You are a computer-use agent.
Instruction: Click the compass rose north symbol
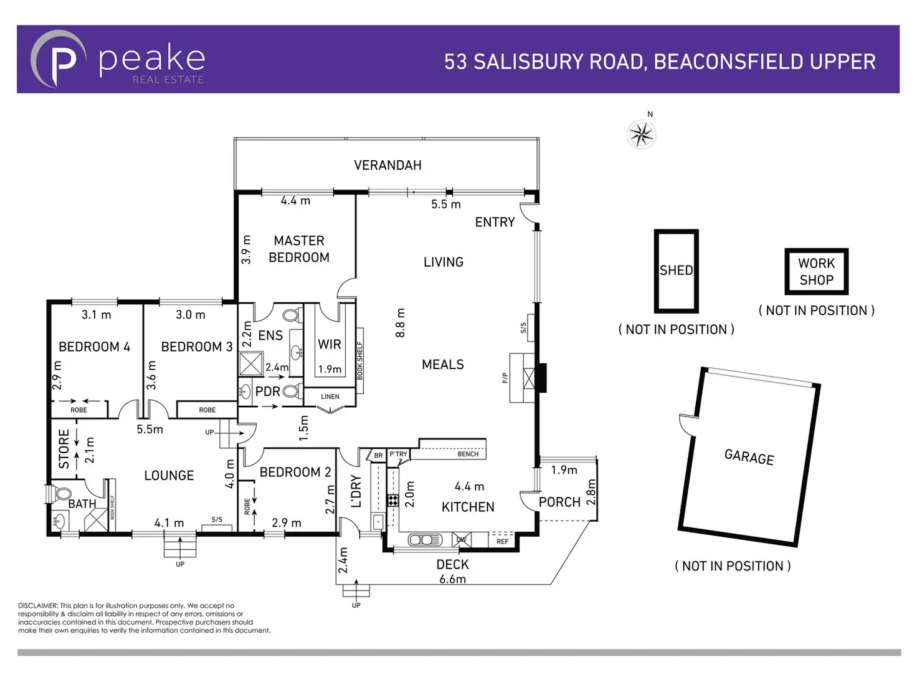tap(642, 134)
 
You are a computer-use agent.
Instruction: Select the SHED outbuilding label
tap(676, 271)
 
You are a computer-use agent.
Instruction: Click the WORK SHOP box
tap(816, 272)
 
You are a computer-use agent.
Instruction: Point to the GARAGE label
tap(749, 457)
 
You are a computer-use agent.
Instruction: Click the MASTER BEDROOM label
tap(299, 249)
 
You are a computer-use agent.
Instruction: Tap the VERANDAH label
tap(387, 165)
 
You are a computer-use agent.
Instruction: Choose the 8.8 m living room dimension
tap(401, 322)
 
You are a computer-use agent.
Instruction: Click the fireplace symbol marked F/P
tap(528, 378)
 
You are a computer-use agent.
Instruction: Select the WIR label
tap(329, 344)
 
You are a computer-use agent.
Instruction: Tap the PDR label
tap(268, 391)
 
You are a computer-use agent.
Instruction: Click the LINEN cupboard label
tap(330, 396)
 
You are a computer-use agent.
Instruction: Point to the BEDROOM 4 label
tap(94, 347)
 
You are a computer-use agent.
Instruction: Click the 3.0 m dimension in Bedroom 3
tap(190, 315)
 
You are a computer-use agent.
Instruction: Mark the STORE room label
tap(64, 448)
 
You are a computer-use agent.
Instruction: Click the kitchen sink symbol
tap(425, 540)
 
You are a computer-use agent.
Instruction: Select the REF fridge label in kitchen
tap(502, 542)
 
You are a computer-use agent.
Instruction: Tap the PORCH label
tap(559, 502)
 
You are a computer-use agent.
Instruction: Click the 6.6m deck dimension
tap(452, 579)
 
